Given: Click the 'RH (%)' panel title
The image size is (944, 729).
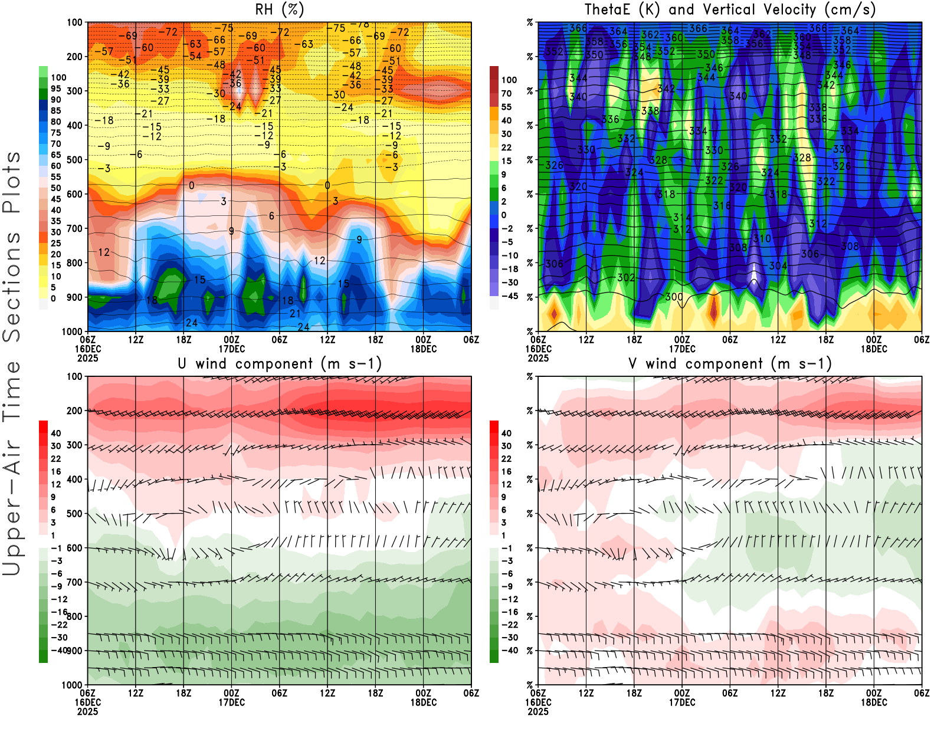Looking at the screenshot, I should (x=279, y=9).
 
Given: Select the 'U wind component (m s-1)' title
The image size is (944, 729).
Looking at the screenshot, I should (x=279, y=363).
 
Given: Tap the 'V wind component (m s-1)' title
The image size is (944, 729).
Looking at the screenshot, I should (x=730, y=363).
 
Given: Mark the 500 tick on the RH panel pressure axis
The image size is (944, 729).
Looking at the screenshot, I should (x=75, y=159).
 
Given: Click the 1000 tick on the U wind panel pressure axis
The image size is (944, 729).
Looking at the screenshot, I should (x=73, y=685).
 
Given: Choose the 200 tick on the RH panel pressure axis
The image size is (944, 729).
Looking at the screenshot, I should (x=75, y=57).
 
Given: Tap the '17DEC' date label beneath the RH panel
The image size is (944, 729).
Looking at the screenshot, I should (x=231, y=349).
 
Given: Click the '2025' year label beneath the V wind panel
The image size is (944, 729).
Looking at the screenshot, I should (x=538, y=711).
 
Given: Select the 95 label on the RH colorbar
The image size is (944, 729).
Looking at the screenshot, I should (x=56, y=88).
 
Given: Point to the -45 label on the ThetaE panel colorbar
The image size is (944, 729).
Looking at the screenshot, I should (x=510, y=296).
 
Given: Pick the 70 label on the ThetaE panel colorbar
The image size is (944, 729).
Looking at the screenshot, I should (x=506, y=93).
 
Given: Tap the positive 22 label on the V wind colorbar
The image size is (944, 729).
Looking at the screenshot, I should (x=506, y=458).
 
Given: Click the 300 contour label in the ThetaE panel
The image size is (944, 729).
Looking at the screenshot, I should (x=674, y=297).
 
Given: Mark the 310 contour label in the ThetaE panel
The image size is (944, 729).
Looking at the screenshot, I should (x=762, y=238).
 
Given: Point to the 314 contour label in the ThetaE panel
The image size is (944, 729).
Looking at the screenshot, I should (x=682, y=217).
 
